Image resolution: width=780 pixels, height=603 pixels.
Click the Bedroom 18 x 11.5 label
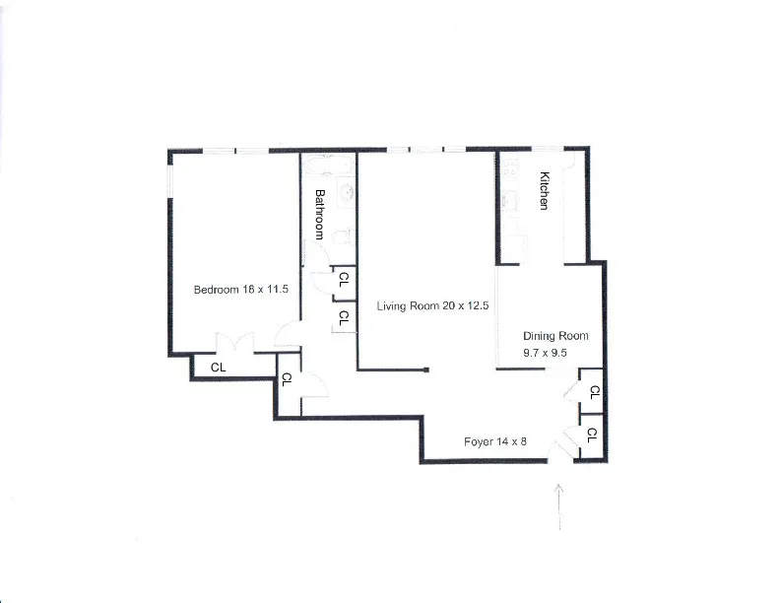(x=240, y=290)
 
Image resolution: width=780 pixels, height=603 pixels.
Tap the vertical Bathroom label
(x=320, y=214)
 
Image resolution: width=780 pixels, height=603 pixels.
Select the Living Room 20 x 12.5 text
(x=433, y=306)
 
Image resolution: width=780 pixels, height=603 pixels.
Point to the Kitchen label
(x=543, y=191)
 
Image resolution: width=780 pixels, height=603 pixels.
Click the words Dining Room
(x=555, y=336)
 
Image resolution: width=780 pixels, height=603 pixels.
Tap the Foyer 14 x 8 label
(x=495, y=441)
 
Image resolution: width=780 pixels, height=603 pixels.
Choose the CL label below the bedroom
(x=219, y=368)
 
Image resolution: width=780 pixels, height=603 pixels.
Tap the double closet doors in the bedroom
(x=235, y=344)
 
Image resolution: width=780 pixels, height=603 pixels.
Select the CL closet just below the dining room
(x=593, y=391)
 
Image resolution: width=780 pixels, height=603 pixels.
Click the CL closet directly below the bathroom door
(x=343, y=318)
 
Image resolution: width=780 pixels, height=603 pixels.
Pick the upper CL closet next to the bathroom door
(x=343, y=278)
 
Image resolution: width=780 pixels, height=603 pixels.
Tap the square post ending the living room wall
(x=426, y=370)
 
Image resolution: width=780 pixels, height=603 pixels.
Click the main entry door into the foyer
(x=566, y=445)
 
